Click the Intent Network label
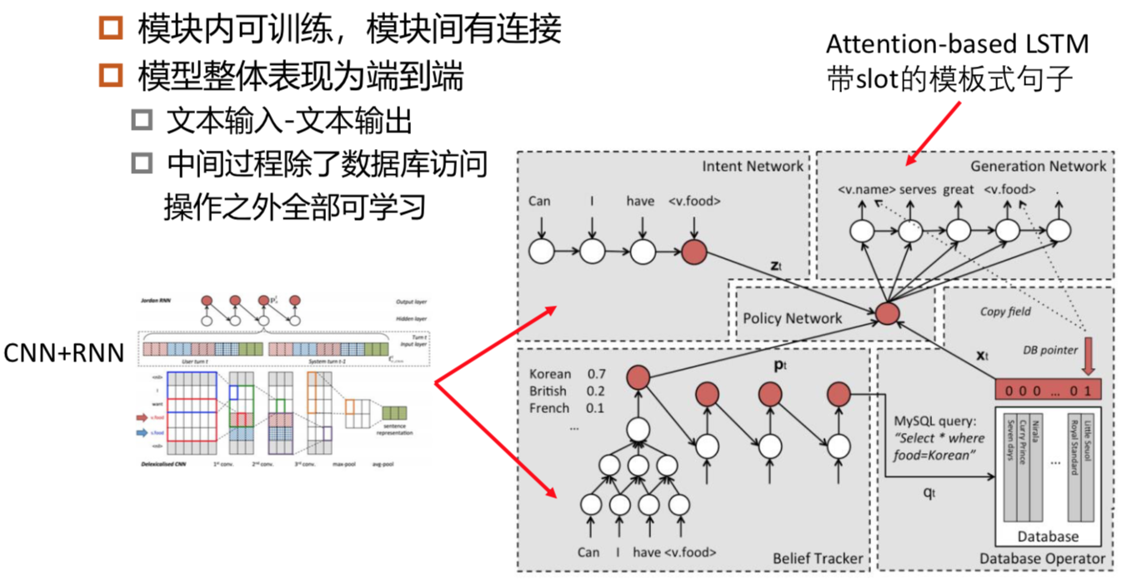pos(752,166)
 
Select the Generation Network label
pos(1038,166)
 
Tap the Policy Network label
pos(793,317)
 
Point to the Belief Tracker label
pos(818,558)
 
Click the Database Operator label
pos(1042,558)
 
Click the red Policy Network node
pos(887,314)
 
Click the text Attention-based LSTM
pos(957,43)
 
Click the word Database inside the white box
pos(1048,536)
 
